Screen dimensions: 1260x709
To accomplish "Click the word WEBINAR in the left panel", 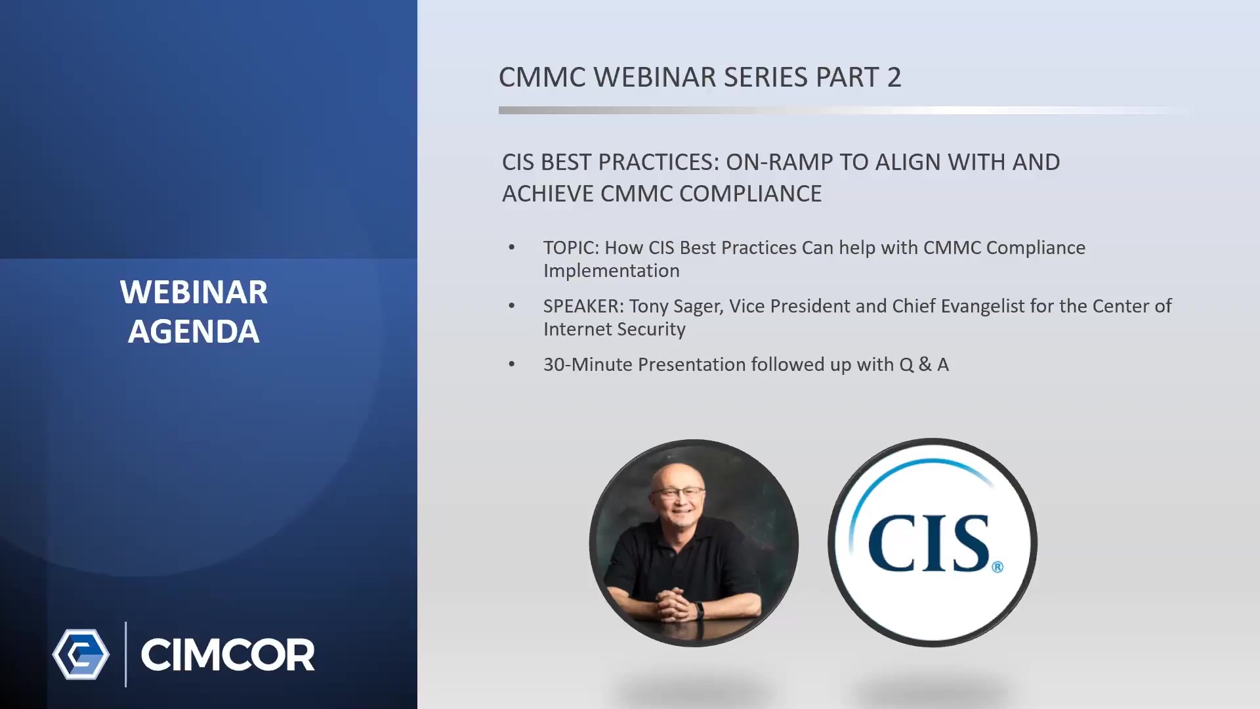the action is (x=194, y=292).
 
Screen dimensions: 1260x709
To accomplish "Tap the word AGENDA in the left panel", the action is (x=194, y=331).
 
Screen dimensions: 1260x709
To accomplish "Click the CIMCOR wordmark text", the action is (x=228, y=655).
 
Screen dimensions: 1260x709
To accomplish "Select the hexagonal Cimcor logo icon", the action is (x=81, y=655).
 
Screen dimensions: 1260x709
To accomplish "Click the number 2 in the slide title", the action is (x=894, y=77).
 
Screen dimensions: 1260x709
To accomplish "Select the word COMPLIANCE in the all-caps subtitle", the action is (x=750, y=194).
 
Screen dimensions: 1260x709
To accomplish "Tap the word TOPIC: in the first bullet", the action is (x=571, y=247).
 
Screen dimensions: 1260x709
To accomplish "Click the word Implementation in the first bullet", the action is (x=612, y=271).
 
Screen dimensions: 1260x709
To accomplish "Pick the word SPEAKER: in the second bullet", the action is (x=583, y=306).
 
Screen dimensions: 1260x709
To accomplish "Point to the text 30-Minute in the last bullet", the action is (x=588, y=364).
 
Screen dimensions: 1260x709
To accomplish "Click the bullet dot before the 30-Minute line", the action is (x=512, y=364).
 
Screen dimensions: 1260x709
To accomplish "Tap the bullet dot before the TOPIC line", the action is (x=512, y=247).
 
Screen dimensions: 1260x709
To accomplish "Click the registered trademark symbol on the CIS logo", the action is (x=997, y=567).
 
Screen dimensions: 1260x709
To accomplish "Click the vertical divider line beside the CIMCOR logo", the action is (x=125, y=655).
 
